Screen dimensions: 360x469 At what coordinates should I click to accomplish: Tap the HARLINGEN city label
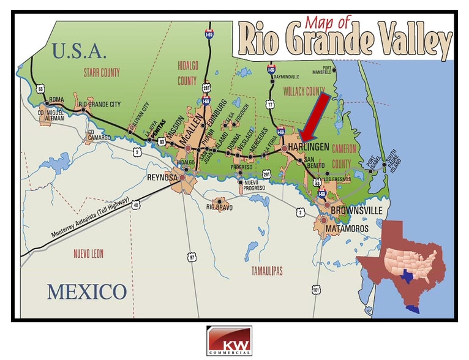tap(311, 148)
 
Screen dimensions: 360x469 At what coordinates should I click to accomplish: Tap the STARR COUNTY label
tap(102, 73)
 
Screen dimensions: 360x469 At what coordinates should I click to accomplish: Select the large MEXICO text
tap(86, 291)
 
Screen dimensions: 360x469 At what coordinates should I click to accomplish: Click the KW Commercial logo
tap(229, 340)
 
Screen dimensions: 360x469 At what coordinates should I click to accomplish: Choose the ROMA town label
tap(56, 99)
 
